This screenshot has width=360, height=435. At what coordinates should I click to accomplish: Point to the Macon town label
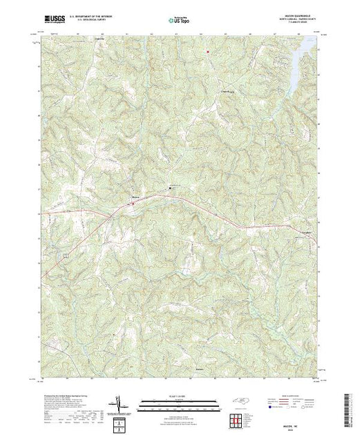coord(135,200)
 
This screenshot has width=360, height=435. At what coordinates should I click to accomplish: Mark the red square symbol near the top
coord(207,50)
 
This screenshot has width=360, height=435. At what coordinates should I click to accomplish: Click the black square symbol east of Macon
coord(171,187)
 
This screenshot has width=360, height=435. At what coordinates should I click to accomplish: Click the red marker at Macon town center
coord(133,203)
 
